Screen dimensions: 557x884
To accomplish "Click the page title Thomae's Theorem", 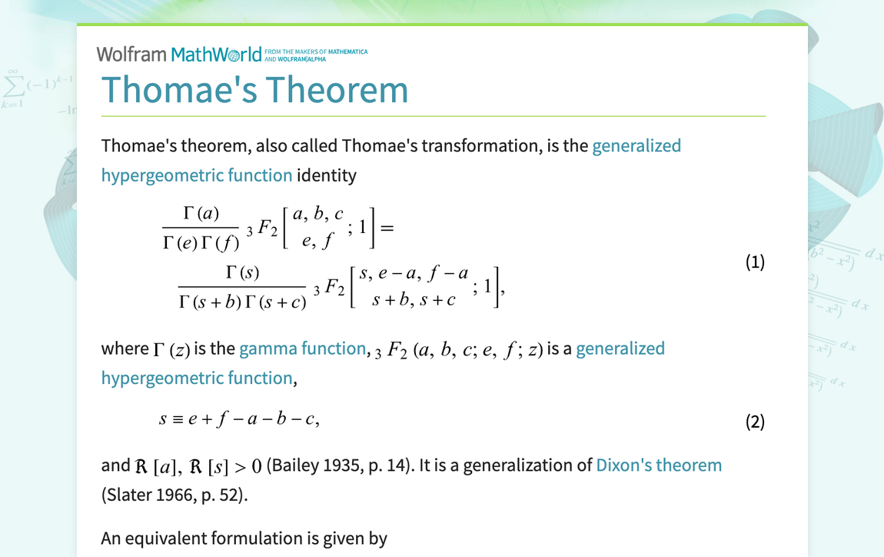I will (254, 89).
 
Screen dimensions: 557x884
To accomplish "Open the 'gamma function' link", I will (302, 349).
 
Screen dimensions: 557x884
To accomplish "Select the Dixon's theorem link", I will (659, 465).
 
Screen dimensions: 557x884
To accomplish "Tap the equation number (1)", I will (755, 262).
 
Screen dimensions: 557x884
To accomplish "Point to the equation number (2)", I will (755, 422).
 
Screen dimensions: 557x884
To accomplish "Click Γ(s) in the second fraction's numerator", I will (242, 272).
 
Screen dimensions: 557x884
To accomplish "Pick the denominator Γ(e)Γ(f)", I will (201, 242).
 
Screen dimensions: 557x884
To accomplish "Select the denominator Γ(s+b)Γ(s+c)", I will (242, 301).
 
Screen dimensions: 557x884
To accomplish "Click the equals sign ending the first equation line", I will (386, 228).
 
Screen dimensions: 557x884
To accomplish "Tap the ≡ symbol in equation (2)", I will (177, 420).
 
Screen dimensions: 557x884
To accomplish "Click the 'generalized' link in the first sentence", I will (636, 145).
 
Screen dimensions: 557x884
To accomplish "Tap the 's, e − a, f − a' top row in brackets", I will (414, 272).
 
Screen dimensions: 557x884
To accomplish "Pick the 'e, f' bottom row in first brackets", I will (318, 242).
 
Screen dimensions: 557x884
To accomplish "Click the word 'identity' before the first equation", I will (327, 175).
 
